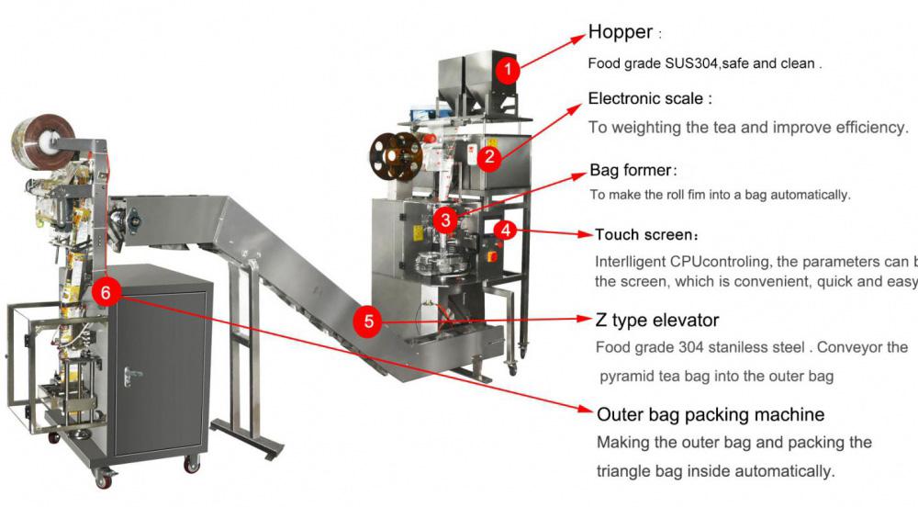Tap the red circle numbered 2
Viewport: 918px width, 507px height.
coord(490,157)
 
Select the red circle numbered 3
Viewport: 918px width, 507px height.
coord(445,220)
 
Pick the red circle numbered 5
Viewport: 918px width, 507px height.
coord(368,321)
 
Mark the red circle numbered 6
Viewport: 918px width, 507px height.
coord(106,292)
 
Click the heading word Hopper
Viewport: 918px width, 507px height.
coord(621,33)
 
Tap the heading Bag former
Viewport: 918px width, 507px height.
coord(631,171)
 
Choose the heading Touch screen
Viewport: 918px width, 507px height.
coord(643,235)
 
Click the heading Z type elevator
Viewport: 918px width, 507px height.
coord(657,320)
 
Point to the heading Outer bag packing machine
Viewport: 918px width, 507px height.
coord(711,414)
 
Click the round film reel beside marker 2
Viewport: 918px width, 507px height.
coord(396,157)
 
